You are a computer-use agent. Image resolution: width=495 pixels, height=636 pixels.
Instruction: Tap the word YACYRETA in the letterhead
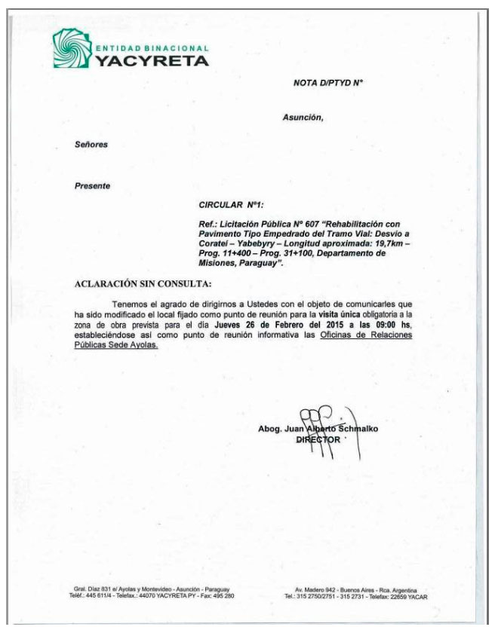pyautogui.click(x=151, y=61)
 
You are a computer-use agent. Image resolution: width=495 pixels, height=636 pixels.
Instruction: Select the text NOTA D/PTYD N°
pyautogui.click(x=328, y=82)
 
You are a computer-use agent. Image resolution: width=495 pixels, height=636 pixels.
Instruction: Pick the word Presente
pyautogui.click(x=92, y=185)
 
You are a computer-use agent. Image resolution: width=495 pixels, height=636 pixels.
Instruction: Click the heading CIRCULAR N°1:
pyautogui.click(x=232, y=204)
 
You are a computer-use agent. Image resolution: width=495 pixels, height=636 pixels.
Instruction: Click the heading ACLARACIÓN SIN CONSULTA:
pyautogui.click(x=143, y=283)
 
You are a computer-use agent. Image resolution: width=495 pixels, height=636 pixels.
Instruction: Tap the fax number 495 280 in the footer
pyautogui.click(x=220, y=595)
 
